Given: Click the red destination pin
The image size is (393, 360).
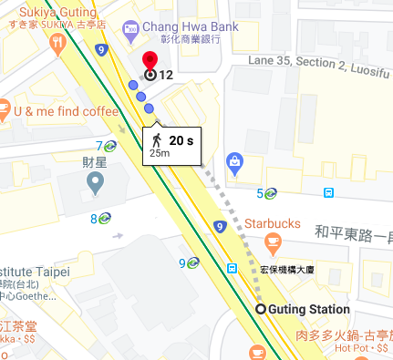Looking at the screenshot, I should coord(150,61).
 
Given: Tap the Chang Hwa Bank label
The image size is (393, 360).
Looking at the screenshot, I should coord(189,27).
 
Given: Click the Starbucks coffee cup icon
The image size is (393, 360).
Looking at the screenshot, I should coord(271,242).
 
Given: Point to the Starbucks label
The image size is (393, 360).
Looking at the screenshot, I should coord(272,223).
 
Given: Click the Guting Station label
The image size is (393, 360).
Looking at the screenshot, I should coord(308,310).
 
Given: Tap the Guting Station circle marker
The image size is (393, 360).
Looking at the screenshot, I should coord(261,310).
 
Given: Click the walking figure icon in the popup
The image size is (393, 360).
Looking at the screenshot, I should coord(156,140).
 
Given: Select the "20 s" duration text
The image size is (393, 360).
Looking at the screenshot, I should coord(181,140).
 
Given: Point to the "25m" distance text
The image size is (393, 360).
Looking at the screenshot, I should coord(160,153).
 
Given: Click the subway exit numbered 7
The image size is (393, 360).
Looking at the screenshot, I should coord(110,146).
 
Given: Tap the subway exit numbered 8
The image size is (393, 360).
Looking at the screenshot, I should coord(105,218).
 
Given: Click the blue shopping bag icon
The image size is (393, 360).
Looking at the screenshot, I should coord(235,163).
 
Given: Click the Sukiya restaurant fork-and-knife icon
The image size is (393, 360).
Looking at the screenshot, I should coord(57,41).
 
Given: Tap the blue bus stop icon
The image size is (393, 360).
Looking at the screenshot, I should coord(328,192).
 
